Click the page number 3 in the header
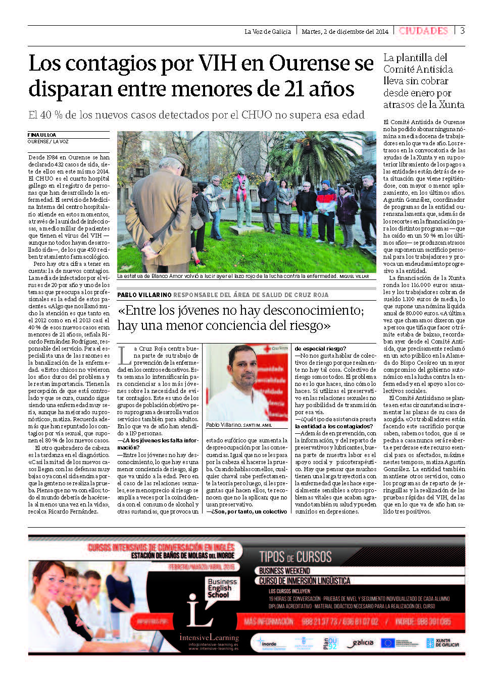(462, 31)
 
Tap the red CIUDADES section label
(423, 31)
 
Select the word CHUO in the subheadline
(257, 115)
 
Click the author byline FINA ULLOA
(42, 135)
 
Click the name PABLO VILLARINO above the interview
(144, 295)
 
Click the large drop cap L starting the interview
(124, 355)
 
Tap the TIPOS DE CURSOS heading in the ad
(295, 557)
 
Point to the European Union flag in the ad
(387, 643)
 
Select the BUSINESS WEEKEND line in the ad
(284, 571)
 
